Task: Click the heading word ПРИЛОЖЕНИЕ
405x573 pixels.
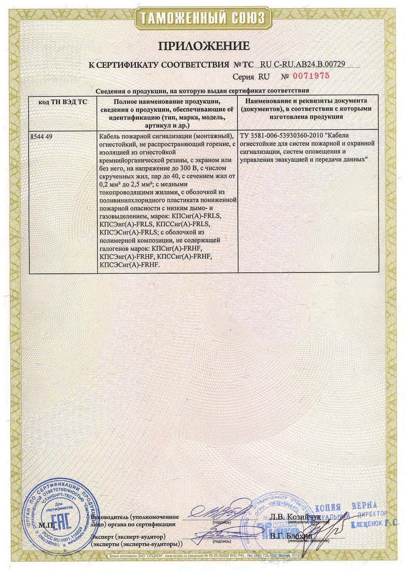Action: tap(203, 46)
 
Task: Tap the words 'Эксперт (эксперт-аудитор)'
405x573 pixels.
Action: tap(128, 535)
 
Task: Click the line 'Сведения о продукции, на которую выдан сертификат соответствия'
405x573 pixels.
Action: tap(202, 90)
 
